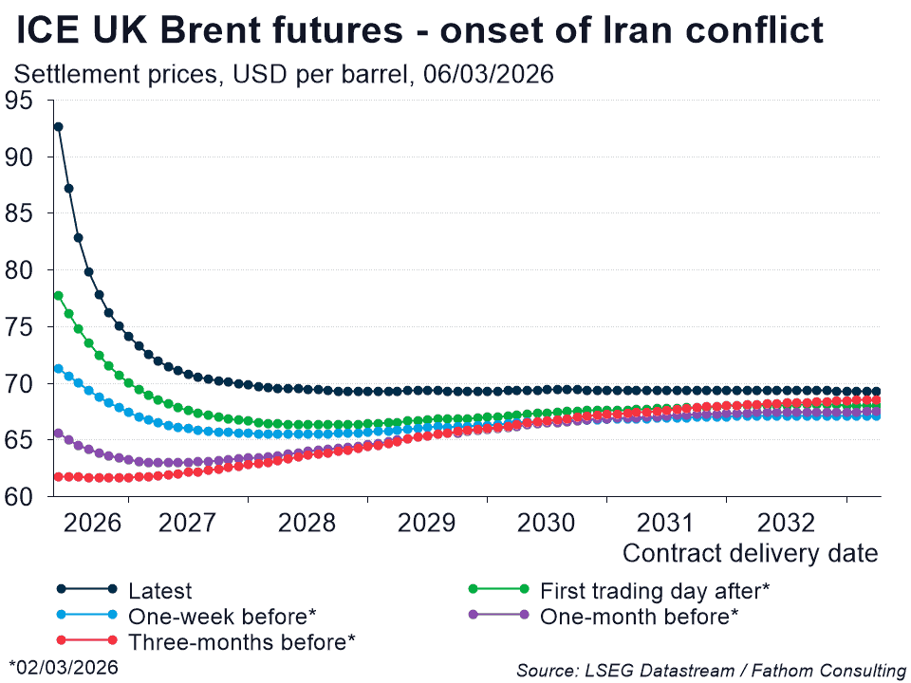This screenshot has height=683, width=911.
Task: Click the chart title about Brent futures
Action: coord(420,31)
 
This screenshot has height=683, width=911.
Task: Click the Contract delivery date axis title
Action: coord(750,553)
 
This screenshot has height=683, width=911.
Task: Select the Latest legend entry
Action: coord(159,591)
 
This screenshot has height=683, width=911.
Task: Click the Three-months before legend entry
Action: coord(241,641)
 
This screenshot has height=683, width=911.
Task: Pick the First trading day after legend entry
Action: coord(654,591)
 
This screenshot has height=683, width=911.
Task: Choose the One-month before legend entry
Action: coord(639,616)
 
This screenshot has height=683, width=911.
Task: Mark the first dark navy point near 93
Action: coord(58,126)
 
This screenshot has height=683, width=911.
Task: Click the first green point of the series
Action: coord(58,295)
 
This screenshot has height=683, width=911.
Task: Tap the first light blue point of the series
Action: coord(58,368)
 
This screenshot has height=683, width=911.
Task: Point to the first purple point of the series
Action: coord(58,434)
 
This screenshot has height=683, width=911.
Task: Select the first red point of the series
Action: coord(58,476)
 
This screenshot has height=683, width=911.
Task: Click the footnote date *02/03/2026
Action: coord(64,668)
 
